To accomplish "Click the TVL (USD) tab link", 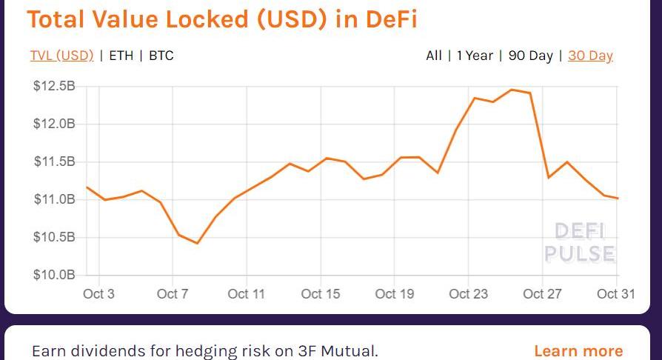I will coord(61,56).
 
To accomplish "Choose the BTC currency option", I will coord(161,56).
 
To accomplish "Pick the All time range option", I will coord(434,56).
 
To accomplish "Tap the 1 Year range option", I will coord(475,56).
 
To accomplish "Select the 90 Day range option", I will coord(530,56).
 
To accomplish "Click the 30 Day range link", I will coord(590,56).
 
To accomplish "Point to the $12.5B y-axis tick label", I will coord(54,87).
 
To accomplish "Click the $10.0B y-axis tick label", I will coord(54,276).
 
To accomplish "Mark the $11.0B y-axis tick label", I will coord(54,199).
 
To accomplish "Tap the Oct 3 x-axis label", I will coord(98,294).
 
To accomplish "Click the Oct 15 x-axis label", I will coord(321,294).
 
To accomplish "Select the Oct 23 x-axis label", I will coord(469,294).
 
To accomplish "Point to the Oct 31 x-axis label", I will coord(616,294).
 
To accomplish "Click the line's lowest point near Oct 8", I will coord(198,243).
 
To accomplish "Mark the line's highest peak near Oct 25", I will coord(512,90).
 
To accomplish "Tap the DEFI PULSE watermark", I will coord(580,243).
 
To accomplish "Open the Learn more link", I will coord(578,350).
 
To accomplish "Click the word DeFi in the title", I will coord(391,19).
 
